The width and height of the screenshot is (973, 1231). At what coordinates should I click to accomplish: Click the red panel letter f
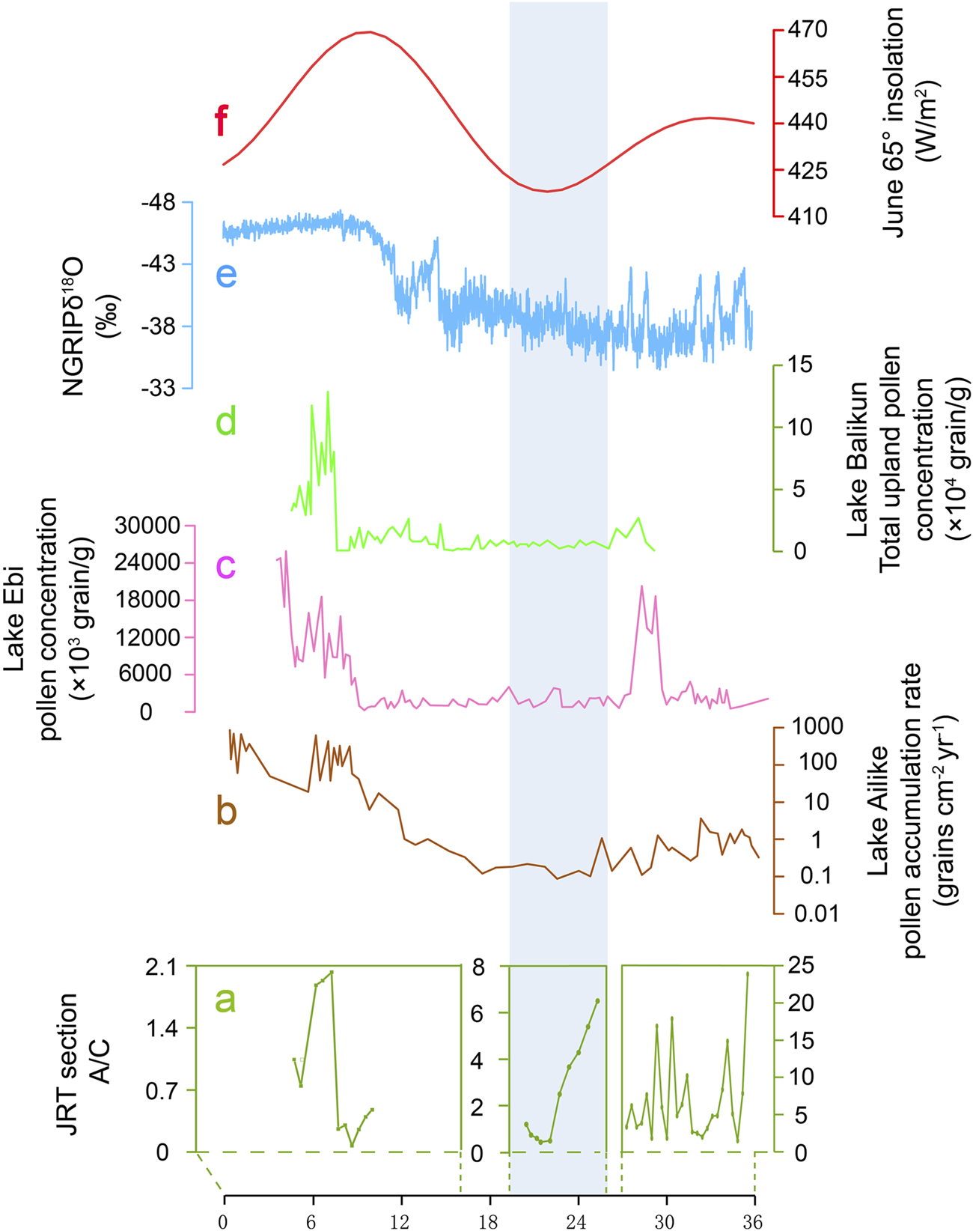[x=221, y=121]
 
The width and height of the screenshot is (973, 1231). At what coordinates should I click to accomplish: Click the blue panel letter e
[x=226, y=275]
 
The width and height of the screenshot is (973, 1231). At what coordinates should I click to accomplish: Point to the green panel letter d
[x=225, y=422]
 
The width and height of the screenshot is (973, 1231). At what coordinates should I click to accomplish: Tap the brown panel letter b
[x=226, y=811]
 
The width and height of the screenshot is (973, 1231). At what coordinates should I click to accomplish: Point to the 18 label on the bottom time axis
[x=489, y=1222]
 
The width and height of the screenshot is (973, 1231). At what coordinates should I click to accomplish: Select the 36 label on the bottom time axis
[x=753, y=1222]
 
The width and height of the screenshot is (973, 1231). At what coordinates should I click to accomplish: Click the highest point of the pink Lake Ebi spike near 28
[x=641, y=586]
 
